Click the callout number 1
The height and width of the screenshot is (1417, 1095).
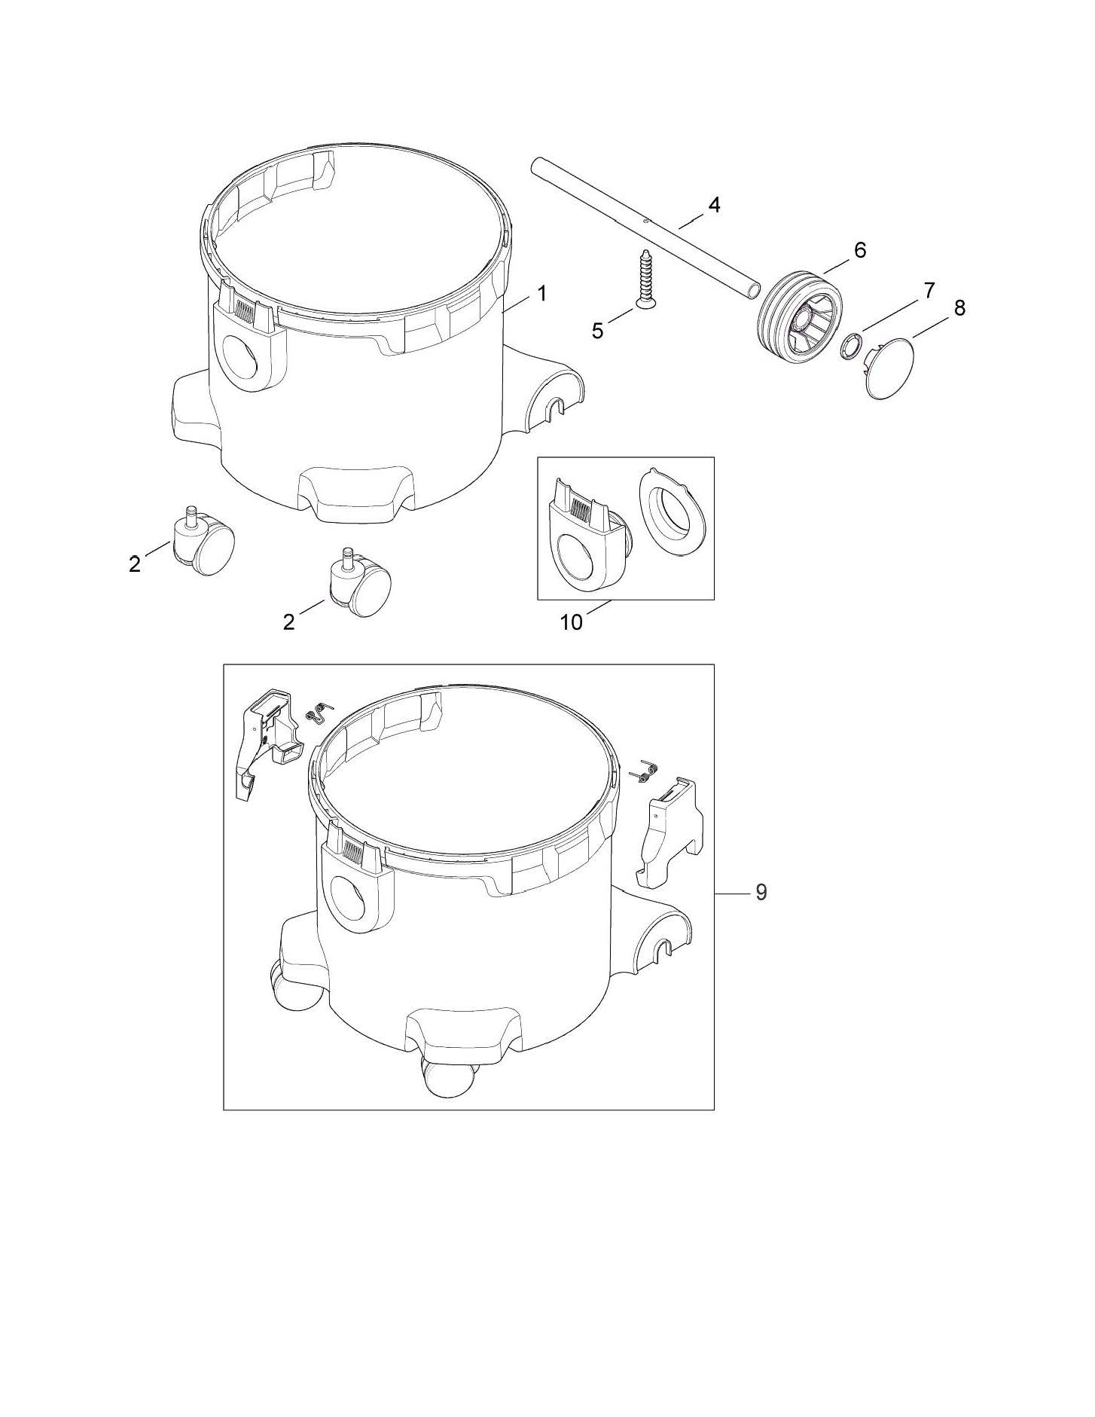point(541,293)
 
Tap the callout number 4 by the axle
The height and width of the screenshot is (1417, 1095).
point(713,204)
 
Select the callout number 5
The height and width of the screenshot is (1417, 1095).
point(597,331)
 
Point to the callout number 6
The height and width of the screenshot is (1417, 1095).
point(859,249)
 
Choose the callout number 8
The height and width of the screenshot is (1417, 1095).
point(959,308)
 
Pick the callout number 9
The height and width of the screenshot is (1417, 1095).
point(761,892)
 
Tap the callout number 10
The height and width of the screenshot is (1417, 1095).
point(572,622)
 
